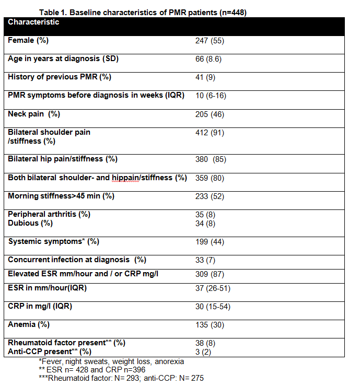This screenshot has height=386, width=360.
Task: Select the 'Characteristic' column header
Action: (x=33, y=22)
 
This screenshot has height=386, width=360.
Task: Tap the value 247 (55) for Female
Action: (x=210, y=41)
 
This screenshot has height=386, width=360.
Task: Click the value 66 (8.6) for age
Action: (x=208, y=59)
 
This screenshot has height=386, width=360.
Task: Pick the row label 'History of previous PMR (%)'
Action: (x=60, y=77)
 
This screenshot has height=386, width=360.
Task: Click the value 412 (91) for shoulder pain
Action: (x=210, y=133)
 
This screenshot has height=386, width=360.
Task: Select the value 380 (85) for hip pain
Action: (x=211, y=159)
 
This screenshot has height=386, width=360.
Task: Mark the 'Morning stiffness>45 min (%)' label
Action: (x=61, y=196)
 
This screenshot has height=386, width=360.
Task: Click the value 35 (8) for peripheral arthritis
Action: (x=205, y=215)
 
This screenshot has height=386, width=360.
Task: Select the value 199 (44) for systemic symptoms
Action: (x=210, y=241)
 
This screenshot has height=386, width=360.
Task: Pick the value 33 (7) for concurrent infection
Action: (x=205, y=260)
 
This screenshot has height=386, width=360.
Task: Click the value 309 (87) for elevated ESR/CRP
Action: (x=210, y=274)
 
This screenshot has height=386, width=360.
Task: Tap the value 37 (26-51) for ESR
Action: (x=213, y=288)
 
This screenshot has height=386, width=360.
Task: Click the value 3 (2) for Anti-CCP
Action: (x=203, y=351)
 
